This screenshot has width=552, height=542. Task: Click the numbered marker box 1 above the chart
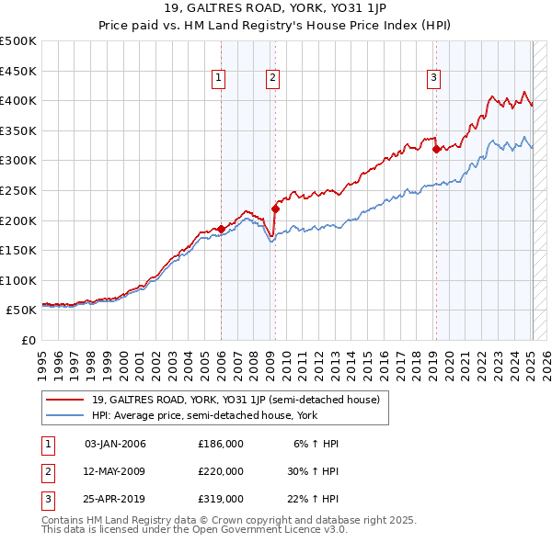tap(219, 79)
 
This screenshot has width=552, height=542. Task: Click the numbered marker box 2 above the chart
tap(274, 79)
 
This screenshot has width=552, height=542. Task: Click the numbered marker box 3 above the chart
tap(432, 79)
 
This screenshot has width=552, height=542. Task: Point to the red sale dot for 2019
tap(436, 149)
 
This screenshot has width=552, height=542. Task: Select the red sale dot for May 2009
tap(275, 209)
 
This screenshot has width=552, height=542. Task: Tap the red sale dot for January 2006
tap(221, 229)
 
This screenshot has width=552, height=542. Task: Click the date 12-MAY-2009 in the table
tap(114, 471)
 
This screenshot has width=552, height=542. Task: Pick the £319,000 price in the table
tap(220, 499)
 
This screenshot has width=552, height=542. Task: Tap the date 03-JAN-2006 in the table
tap(114, 444)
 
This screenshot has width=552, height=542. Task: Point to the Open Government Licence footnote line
tap(195, 530)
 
